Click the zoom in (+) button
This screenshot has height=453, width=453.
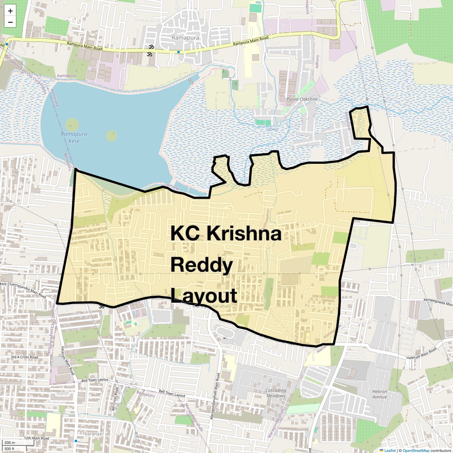click(x=10, y=11)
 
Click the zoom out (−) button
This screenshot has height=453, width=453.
click(x=10, y=22)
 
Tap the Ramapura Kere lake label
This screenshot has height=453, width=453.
click(x=74, y=137)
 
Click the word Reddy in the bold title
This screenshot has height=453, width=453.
click(x=201, y=265)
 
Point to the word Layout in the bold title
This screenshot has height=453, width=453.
click(x=203, y=296)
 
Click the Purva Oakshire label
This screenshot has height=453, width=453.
click(x=302, y=99)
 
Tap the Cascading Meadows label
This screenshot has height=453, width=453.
click(x=276, y=393)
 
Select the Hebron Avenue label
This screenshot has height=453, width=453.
click(x=379, y=394)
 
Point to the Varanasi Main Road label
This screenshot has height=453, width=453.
click(x=68, y=360)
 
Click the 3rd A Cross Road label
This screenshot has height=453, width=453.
click(x=25, y=357)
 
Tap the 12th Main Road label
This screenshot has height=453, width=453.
click(x=36, y=438)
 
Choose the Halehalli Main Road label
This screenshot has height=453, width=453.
click(x=422, y=352)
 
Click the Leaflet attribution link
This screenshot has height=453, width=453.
click(x=390, y=450)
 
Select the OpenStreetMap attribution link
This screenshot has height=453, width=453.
click(x=416, y=450)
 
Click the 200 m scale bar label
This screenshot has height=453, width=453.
click(x=10, y=443)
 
